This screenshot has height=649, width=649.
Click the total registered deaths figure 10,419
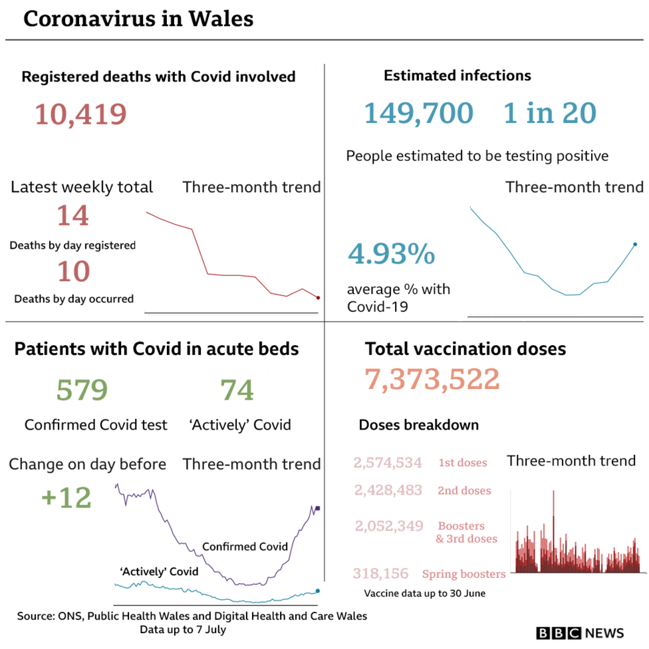coord(80,114)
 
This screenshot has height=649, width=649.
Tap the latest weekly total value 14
coord(72,215)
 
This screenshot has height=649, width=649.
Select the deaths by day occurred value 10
coord(72,271)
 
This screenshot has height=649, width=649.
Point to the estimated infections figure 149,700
coord(418,112)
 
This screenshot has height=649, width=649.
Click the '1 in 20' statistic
coord(549,112)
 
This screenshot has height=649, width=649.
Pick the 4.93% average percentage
coord(392,254)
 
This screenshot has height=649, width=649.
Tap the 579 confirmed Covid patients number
coord(82,390)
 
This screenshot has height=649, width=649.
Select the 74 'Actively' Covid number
coord(237,390)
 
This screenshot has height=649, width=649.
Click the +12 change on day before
coord(66,497)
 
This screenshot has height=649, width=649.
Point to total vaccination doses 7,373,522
coord(432,379)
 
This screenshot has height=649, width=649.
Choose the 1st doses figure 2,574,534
coord(388,462)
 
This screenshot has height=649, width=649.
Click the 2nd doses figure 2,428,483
coord(388,490)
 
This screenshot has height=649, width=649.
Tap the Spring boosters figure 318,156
coord(381,573)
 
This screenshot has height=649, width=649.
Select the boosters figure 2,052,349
coord(389,526)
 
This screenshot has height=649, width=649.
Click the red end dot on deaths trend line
coord(319,298)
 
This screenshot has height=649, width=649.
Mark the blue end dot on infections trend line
coord(635,245)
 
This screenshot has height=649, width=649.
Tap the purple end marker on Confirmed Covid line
coord(319,509)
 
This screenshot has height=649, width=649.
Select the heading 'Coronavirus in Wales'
coord(138,19)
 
